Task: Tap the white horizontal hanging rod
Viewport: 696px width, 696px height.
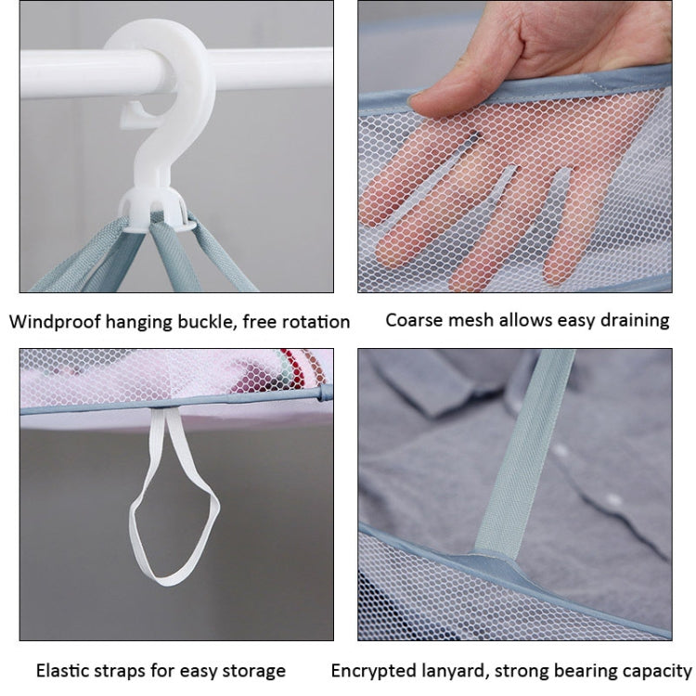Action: click(x=74, y=70)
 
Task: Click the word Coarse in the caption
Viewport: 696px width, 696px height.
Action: click(x=414, y=320)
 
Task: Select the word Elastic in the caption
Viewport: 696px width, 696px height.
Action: click(x=65, y=670)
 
